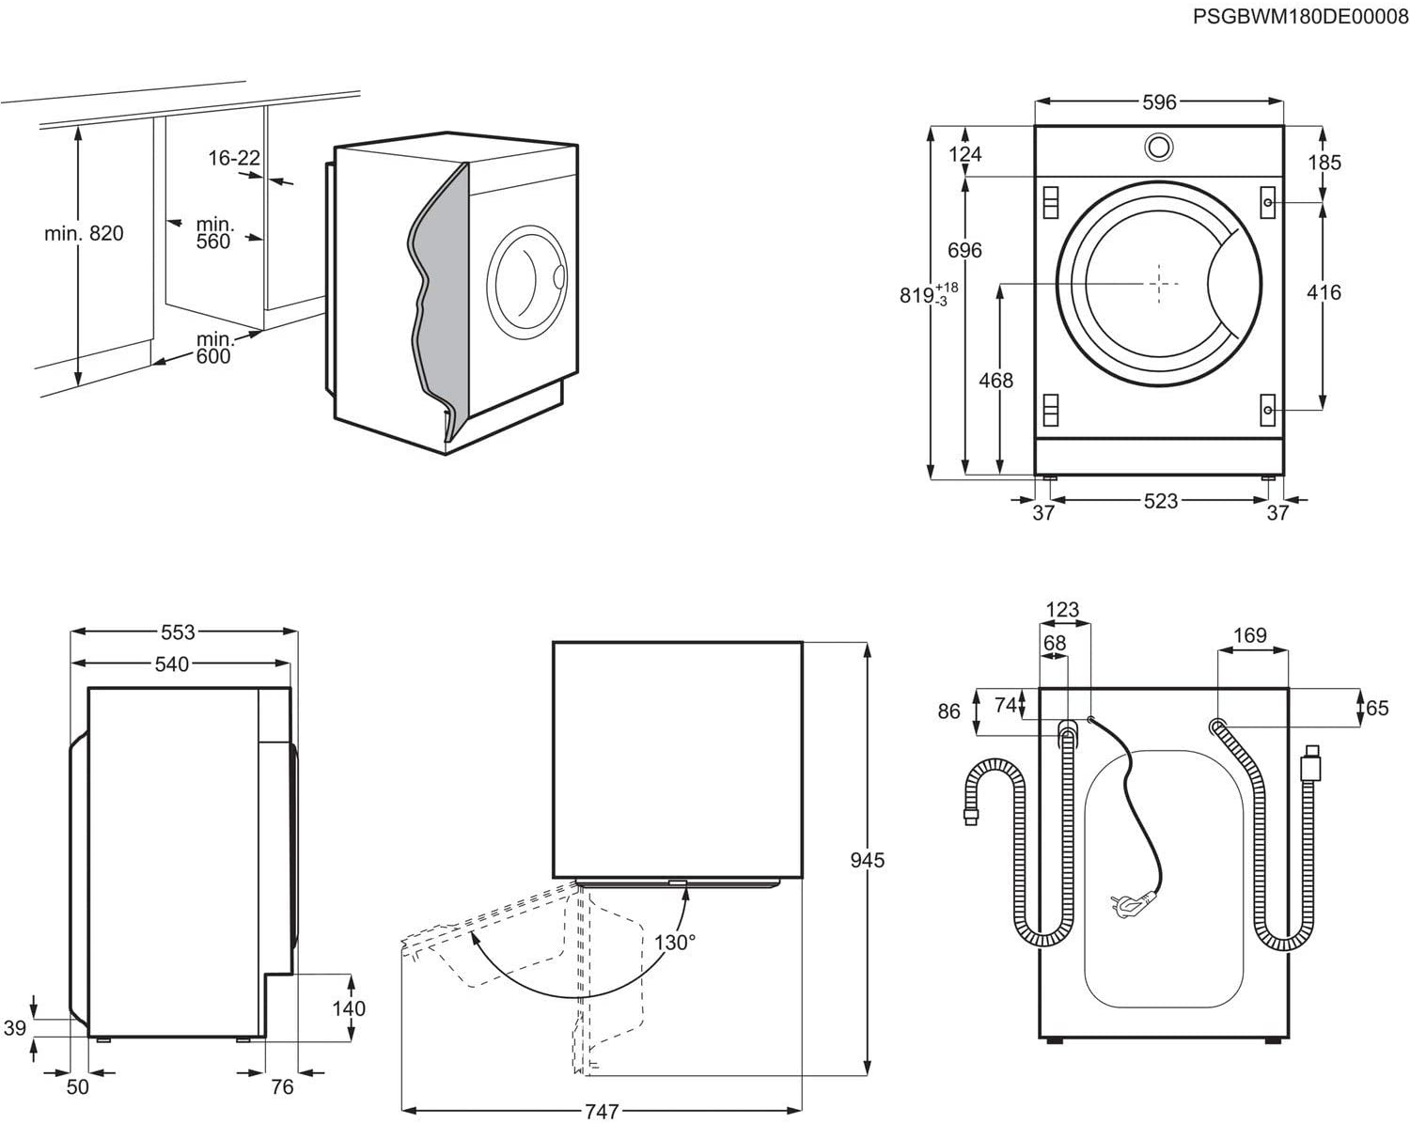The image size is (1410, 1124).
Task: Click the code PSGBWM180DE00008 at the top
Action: (x=1300, y=16)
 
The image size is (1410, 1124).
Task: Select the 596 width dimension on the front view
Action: (x=1159, y=102)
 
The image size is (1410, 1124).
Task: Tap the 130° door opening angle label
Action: (x=675, y=942)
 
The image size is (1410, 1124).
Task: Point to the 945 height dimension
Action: (x=867, y=859)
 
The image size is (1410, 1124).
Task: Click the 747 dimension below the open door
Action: (x=602, y=1112)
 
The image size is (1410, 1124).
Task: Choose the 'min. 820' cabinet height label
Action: (x=84, y=233)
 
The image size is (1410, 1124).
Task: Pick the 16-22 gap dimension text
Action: (x=233, y=158)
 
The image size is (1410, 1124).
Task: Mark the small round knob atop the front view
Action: (x=1159, y=146)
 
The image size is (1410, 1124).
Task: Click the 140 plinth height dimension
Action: (x=349, y=1008)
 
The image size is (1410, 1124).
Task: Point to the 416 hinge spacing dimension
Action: (x=1324, y=292)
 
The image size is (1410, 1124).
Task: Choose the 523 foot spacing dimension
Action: (x=1160, y=501)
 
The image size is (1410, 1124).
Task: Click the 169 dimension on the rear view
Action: (x=1249, y=636)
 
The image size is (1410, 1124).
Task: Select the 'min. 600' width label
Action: (x=214, y=347)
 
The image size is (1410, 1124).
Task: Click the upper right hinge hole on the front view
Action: (x=1268, y=203)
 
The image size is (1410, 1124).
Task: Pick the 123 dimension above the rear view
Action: (x=1062, y=610)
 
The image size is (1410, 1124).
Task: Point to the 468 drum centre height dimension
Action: (x=995, y=380)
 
